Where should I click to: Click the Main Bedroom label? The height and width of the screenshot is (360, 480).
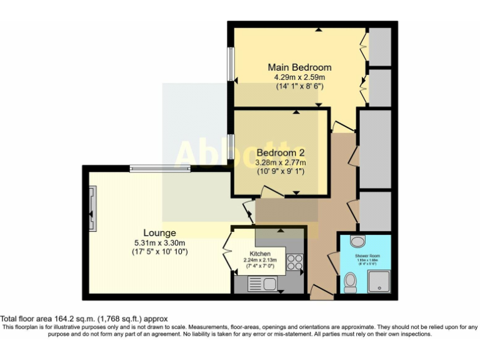[299, 67]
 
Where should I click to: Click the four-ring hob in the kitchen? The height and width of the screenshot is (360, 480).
[294, 262]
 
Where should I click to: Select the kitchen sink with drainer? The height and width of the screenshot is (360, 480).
[262, 284]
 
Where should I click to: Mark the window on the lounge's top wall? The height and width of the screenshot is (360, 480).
[160, 167]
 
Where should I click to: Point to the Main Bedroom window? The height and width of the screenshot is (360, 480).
[230, 64]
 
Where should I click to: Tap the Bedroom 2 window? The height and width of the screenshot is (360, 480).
[230, 147]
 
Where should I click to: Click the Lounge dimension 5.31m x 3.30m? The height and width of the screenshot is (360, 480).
[160, 242]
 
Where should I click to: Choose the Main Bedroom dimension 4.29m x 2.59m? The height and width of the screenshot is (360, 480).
[299, 77]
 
